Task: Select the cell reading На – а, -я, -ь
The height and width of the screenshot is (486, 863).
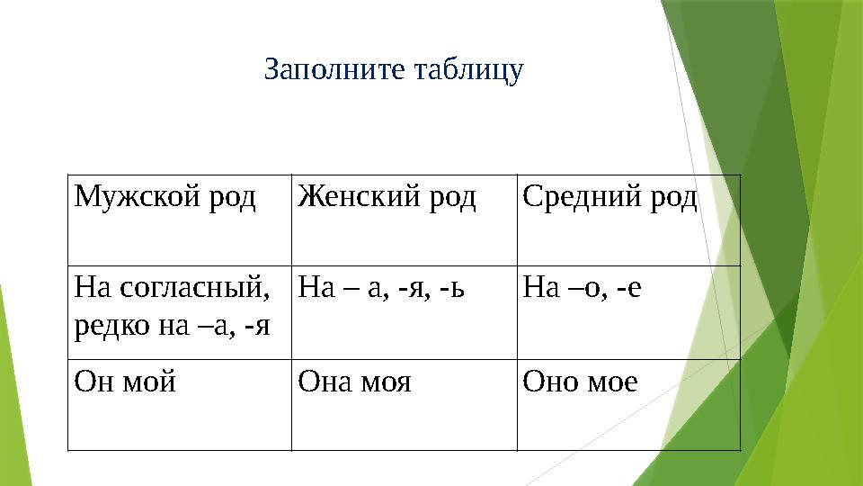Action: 381,290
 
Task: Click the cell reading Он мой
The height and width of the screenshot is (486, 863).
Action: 126,382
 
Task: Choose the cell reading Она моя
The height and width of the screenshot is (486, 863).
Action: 354,382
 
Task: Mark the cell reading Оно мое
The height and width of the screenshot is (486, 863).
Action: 581,382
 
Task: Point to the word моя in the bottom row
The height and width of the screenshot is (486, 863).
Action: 386,382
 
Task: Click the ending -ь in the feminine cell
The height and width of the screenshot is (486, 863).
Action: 455,290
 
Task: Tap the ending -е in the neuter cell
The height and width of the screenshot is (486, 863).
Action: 631,290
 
